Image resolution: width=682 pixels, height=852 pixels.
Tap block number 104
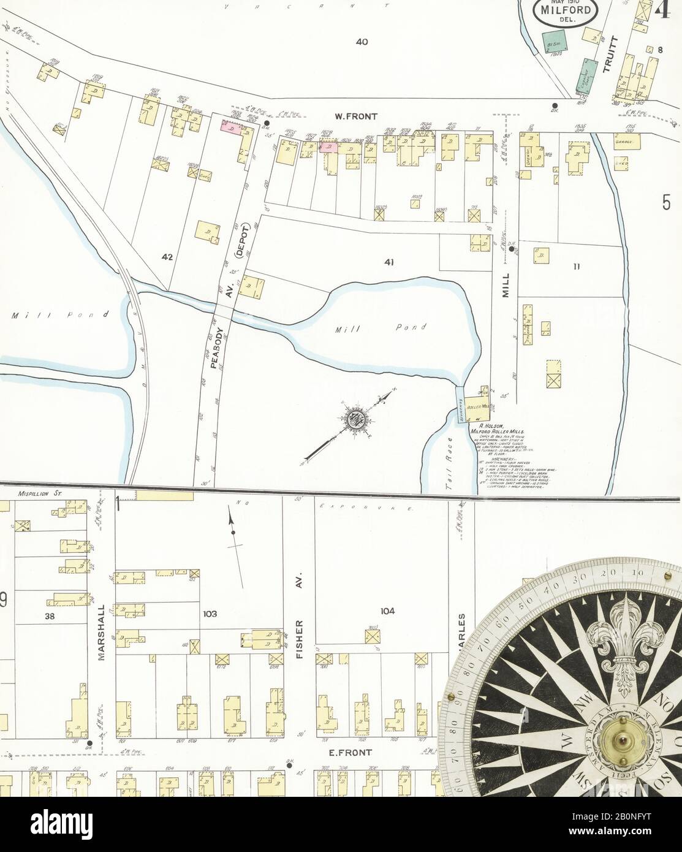pyautogui.click(x=387, y=610)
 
